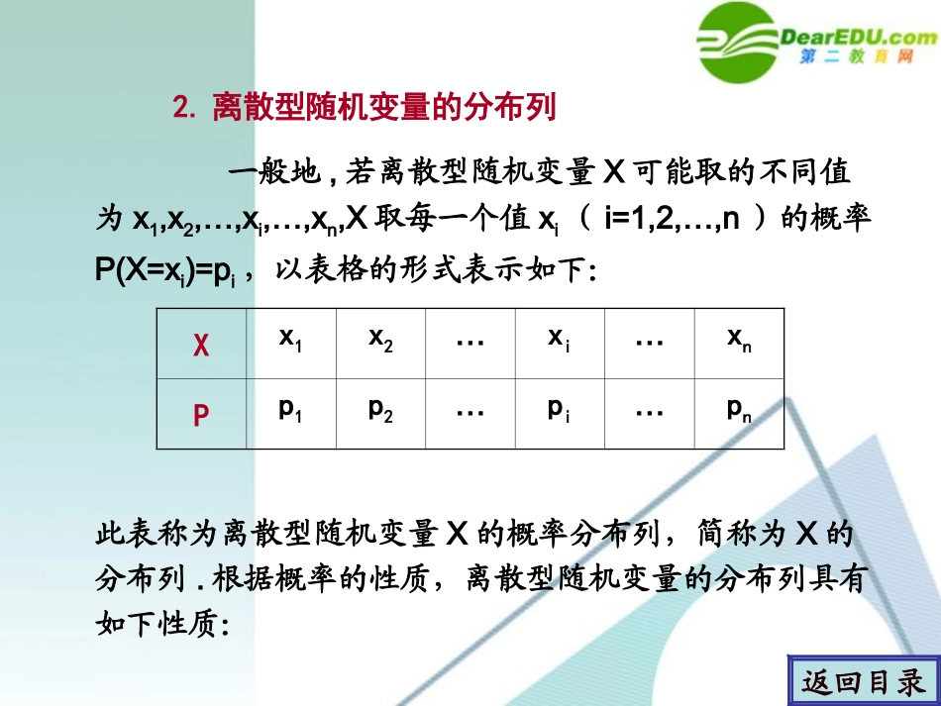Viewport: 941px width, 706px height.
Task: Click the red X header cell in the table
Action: (x=201, y=346)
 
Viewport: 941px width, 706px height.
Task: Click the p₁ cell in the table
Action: (x=290, y=411)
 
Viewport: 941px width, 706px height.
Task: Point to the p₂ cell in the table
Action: (x=380, y=411)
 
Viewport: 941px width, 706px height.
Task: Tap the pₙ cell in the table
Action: (x=739, y=411)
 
